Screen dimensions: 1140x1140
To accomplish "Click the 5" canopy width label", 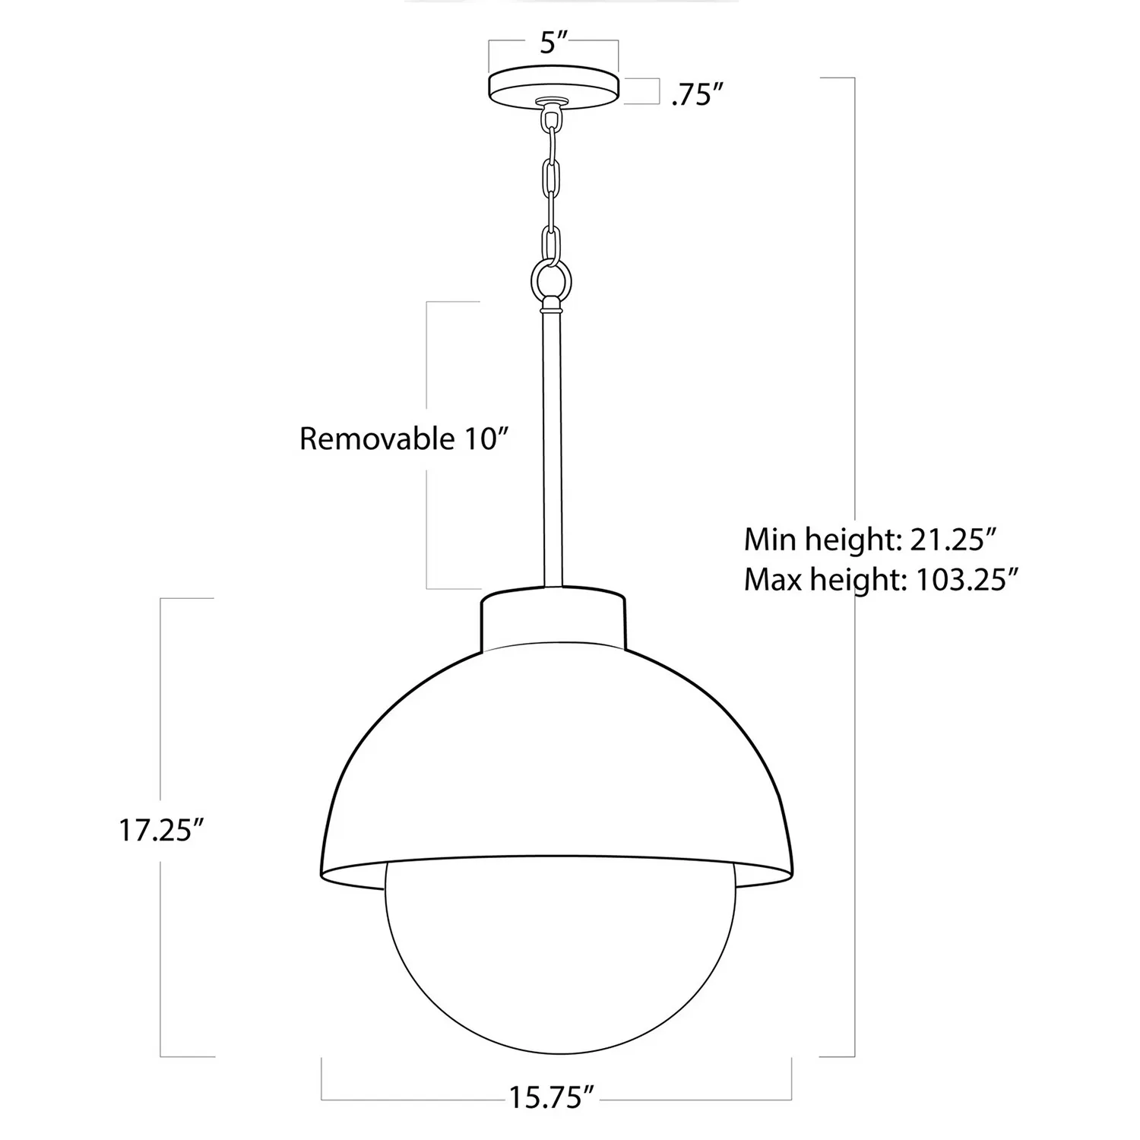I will click(553, 43).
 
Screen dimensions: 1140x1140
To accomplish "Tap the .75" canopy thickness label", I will click(695, 96).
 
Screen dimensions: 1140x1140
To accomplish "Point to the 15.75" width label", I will click(551, 1097).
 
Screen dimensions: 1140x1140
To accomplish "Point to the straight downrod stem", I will click(553, 448).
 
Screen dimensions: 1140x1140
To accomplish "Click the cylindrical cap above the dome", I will click(553, 619).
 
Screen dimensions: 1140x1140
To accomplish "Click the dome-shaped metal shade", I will click(555, 760).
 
